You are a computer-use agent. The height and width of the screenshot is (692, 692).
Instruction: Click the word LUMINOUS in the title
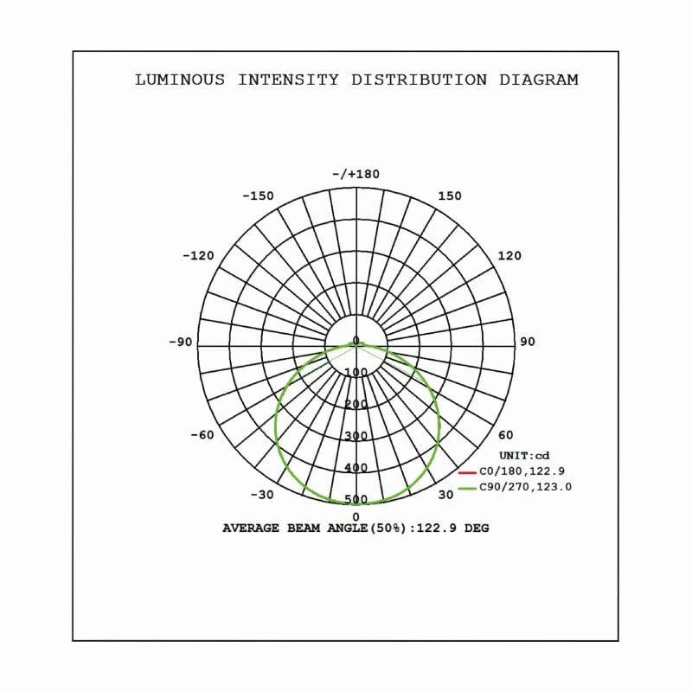click(180, 80)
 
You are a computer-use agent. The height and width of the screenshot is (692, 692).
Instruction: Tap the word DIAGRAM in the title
click(538, 80)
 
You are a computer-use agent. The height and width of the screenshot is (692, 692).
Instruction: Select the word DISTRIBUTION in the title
click(420, 80)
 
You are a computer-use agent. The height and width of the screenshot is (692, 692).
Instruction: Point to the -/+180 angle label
click(356, 174)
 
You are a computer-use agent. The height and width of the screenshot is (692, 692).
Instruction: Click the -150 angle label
click(258, 195)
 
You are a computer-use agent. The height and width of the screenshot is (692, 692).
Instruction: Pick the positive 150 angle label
click(450, 195)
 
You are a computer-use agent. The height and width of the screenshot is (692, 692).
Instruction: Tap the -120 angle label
click(198, 255)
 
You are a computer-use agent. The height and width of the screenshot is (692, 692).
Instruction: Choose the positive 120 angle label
click(509, 255)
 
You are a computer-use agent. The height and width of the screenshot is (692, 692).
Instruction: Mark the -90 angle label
click(181, 342)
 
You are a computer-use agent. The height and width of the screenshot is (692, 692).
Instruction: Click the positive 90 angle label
click(528, 342)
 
